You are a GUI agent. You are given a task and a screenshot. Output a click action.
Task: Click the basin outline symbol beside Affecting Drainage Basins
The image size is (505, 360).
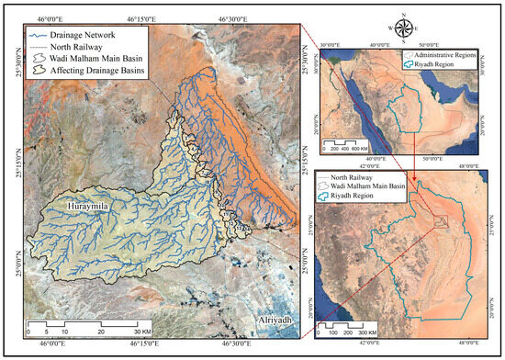[38, 69]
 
